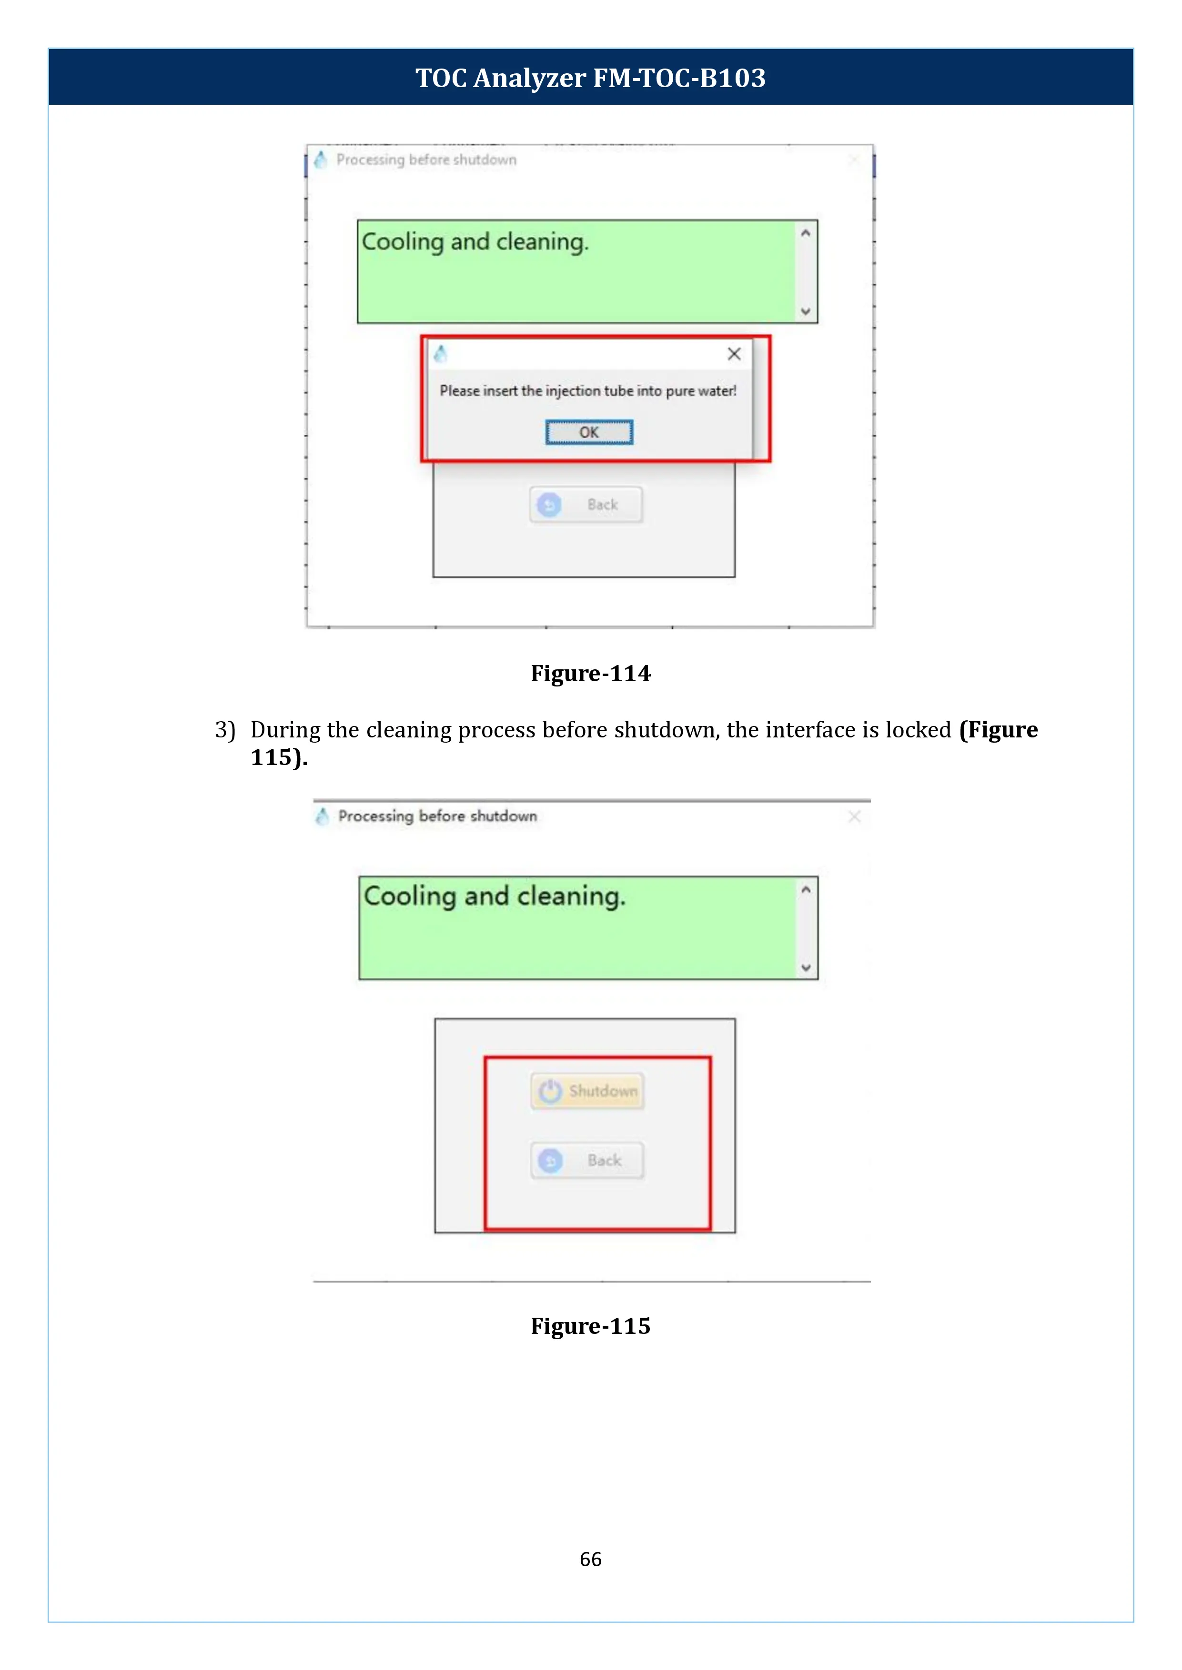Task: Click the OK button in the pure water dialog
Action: tap(589, 432)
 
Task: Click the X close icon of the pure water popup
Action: tap(734, 354)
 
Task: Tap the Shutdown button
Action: tap(587, 1091)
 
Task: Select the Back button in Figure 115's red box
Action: tap(587, 1160)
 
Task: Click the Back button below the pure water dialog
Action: tap(586, 505)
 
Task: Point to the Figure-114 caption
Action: tap(590, 674)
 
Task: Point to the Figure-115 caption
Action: tap(590, 1326)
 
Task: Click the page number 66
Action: tap(590, 1559)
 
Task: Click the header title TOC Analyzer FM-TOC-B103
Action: tap(590, 78)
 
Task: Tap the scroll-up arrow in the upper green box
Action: tap(805, 233)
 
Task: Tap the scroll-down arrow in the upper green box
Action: tap(805, 311)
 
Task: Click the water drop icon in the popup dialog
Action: tap(440, 354)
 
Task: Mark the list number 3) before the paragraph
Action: tap(225, 729)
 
